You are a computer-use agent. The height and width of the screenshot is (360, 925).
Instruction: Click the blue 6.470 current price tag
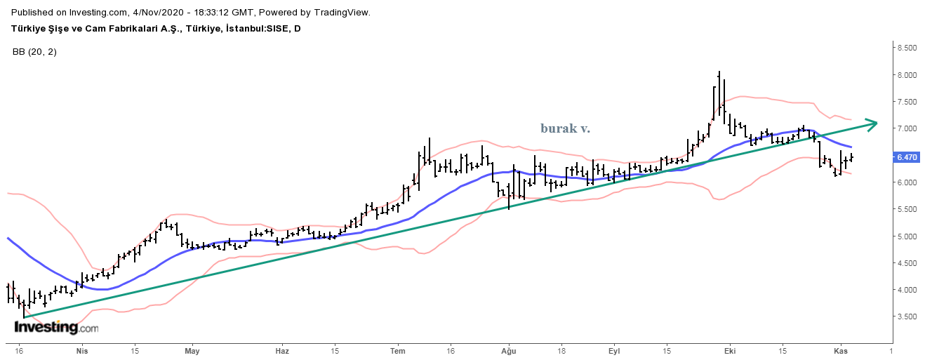pos(907,158)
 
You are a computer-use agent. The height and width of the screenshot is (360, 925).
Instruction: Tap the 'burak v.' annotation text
pos(565,128)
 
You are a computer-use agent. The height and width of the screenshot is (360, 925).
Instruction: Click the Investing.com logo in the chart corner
pos(56,327)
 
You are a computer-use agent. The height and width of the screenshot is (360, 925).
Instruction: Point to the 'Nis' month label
pos(82,350)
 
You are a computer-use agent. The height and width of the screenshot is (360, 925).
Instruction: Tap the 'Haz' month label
pos(282,350)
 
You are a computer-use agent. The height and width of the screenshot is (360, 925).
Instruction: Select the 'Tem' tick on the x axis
pos(398,350)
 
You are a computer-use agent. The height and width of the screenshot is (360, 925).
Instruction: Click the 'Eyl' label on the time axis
pos(615,350)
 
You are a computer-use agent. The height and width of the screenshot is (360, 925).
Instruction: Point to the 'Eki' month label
pos(730,350)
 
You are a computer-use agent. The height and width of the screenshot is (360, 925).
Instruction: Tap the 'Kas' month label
pos(840,350)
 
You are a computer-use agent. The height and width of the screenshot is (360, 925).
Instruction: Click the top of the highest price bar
pos(719,72)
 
